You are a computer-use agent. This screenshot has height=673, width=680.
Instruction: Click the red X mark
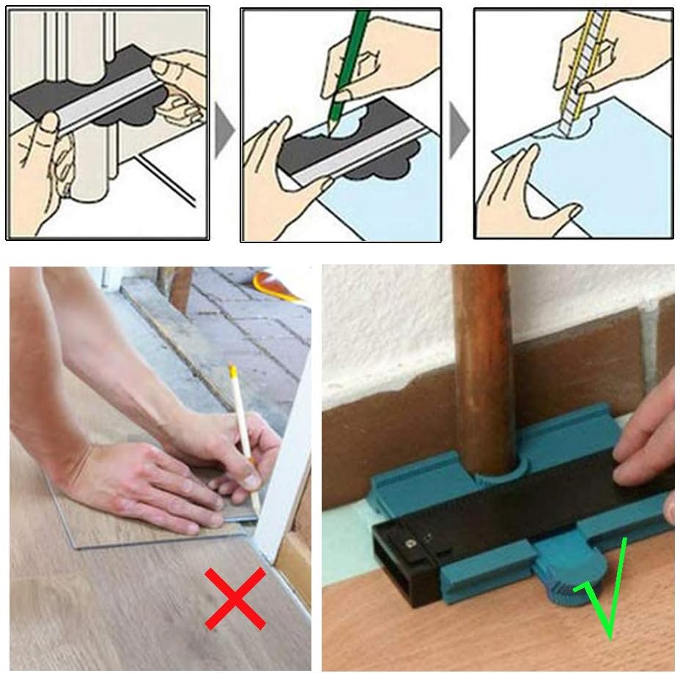(234, 598)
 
